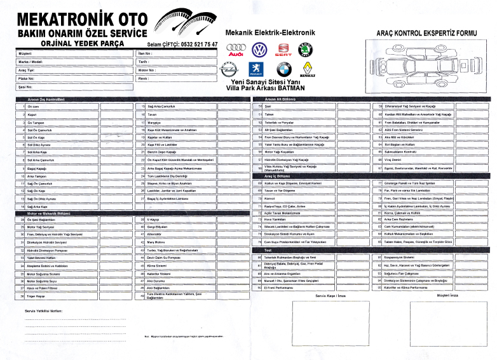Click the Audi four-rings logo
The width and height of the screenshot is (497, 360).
(236, 50)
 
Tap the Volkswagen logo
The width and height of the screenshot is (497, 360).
(259, 50)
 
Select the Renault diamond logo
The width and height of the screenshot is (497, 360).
(308, 68)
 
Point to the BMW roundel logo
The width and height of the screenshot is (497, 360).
(283, 69)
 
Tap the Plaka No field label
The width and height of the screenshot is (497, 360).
(25, 78)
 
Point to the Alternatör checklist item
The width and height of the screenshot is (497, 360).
(155, 234)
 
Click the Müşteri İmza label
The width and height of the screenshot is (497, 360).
(428, 295)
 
